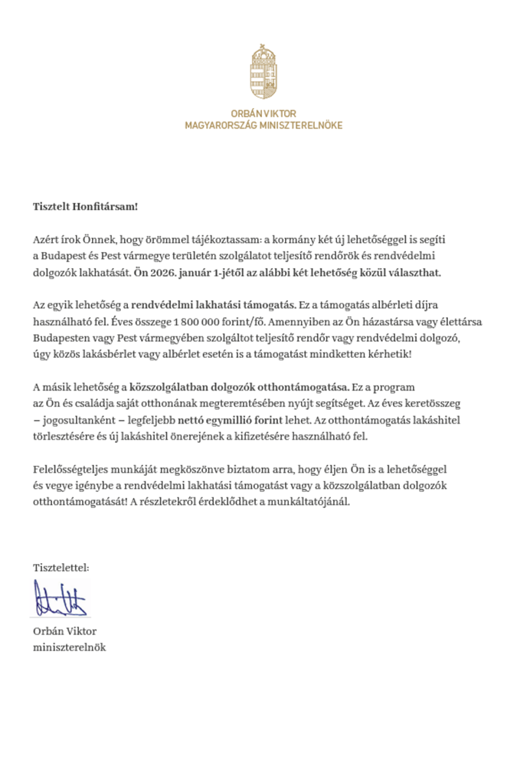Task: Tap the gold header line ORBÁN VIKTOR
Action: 263,113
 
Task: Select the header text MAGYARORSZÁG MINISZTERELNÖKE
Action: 263,125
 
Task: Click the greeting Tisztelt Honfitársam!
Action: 85,206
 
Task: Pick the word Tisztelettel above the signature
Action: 61,568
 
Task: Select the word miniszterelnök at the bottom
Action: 69,647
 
